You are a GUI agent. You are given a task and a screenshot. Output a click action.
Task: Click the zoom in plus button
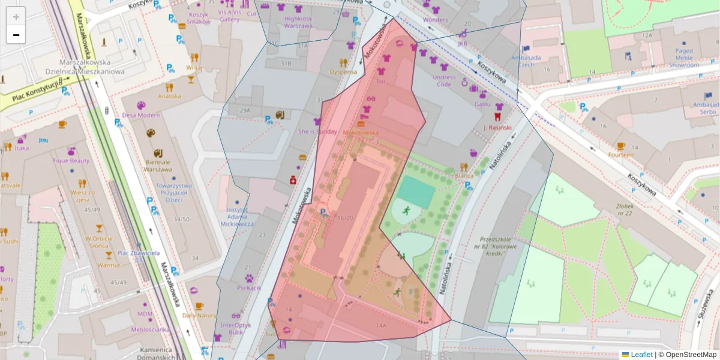(16, 17)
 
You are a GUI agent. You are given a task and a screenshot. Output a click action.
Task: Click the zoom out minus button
(16, 35)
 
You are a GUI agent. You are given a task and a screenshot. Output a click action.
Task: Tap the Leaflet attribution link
(641, 355)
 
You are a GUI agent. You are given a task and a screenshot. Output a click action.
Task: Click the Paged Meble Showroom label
(683, 58)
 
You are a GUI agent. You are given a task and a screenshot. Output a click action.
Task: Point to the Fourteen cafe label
(620, 154)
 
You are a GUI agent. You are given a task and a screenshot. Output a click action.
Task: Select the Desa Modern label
(141, 115)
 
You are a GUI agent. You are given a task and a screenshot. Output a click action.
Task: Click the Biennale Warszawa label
(157, 165)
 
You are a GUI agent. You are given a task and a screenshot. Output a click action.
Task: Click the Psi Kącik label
(249, 288)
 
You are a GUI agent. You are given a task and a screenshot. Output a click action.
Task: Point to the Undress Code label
(444, 80)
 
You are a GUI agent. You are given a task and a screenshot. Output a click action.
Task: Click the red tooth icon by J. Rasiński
(497, 116)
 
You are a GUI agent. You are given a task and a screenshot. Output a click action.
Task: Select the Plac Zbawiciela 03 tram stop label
(133, 256)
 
